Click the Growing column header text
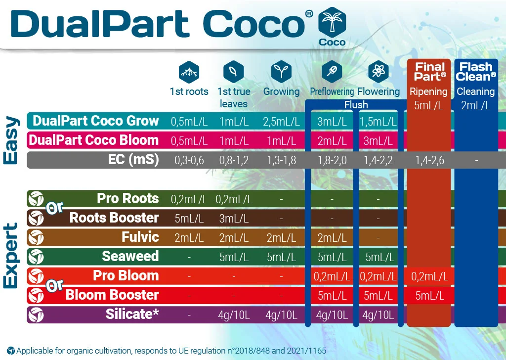281,91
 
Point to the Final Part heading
429,71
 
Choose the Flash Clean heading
476,71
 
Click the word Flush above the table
356,105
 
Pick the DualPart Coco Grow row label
95,121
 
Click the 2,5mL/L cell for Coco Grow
281,121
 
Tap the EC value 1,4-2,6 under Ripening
429,160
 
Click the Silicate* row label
132,315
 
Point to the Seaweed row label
130,257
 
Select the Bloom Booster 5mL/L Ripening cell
429,296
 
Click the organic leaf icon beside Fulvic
36,237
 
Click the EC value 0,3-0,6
189,160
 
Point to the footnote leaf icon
11,351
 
